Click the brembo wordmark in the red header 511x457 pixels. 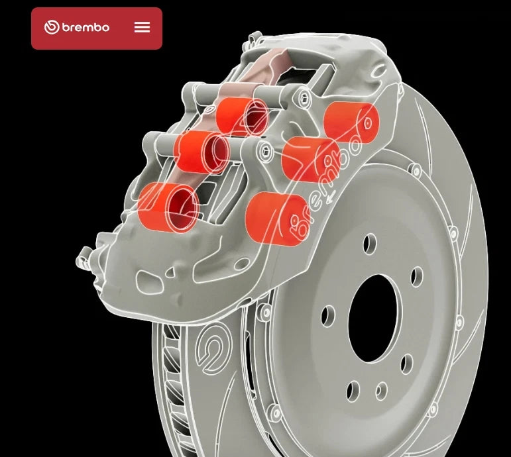point(85,28)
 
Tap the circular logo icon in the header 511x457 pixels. point(52,27)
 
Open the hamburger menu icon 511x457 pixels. point(142,27)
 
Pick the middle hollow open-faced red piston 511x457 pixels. point(201,152)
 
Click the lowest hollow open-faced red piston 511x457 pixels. point(168,207)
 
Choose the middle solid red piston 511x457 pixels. point(310,159)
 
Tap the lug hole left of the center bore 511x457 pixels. point(328,316)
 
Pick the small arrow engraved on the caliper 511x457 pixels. point(330,194)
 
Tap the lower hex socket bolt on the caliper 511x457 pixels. point(266,154)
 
